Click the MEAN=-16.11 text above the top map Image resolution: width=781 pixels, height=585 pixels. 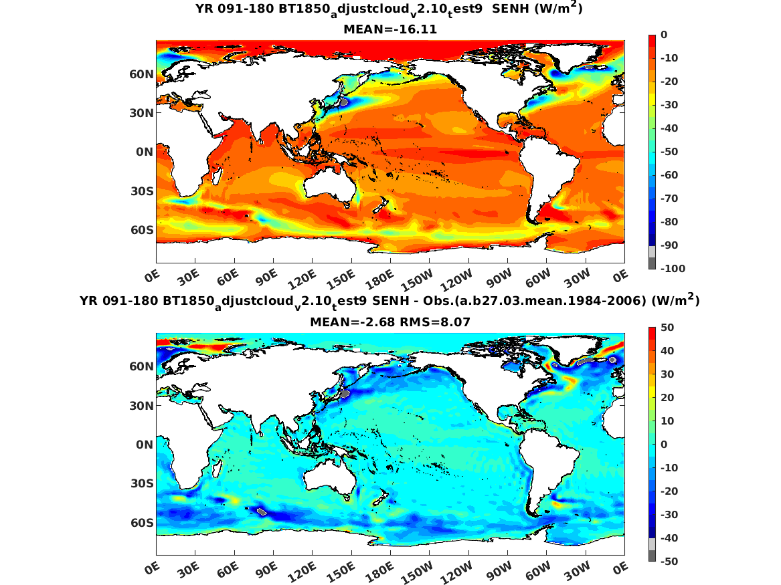389,29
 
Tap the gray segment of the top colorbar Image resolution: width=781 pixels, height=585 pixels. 652,257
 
